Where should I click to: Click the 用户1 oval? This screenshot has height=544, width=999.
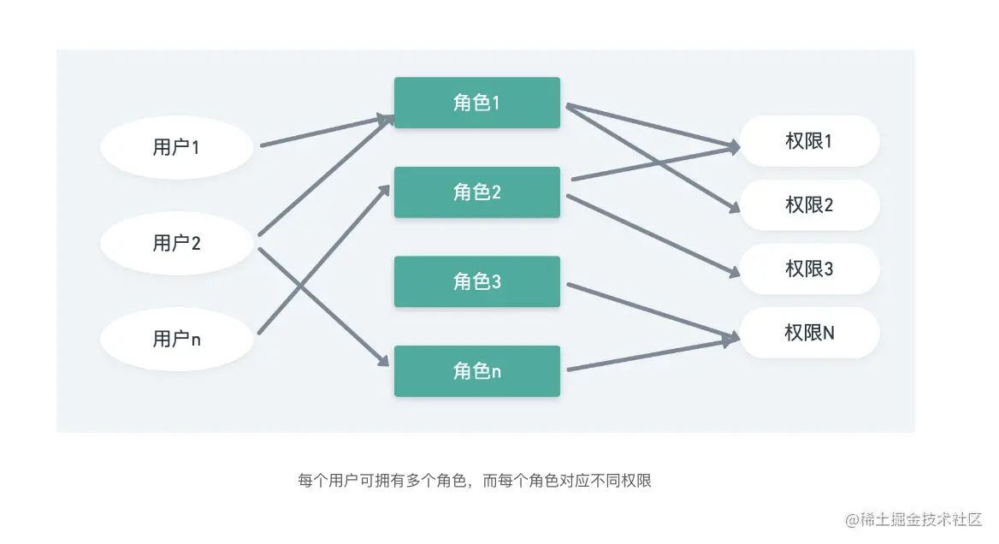pos(176,147)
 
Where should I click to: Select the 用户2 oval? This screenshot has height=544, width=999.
pos(176,243)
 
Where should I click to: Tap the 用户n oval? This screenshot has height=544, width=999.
pos(176,339)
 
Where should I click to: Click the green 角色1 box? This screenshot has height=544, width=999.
pos(476,103)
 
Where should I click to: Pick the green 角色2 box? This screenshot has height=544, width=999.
pos(476,192)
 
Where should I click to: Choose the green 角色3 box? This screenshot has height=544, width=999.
pos(476,281)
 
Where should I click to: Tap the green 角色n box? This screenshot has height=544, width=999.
pos(476,371)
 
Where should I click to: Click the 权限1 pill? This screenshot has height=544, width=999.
pos(809,141)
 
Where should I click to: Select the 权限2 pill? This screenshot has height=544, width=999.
pos(809,205)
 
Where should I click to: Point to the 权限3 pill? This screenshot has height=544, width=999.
pos(809,269)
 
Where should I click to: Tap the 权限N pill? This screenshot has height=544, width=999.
pos(809,333)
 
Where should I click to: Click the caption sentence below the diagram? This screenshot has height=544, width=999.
pos(475,481)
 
